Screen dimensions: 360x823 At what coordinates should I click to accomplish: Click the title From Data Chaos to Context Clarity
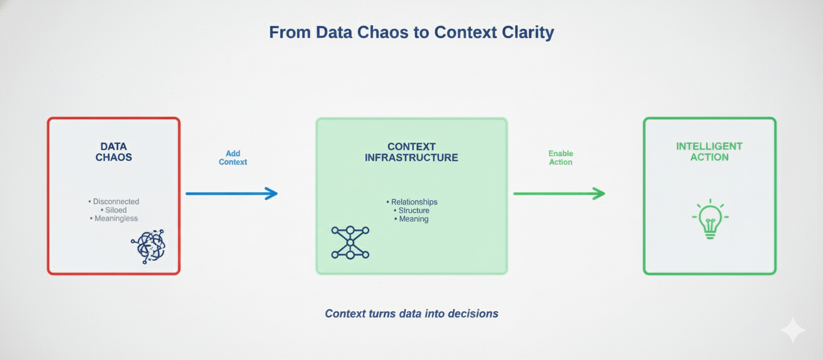411,33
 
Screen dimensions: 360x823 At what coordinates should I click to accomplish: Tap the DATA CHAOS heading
114,152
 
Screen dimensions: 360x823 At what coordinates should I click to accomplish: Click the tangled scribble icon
148,246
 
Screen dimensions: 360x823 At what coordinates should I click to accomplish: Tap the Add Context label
233,157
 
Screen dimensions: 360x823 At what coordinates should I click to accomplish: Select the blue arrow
231,193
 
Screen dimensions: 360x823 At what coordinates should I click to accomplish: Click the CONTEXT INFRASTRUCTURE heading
411,152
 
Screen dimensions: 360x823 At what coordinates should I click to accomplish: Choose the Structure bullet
413,211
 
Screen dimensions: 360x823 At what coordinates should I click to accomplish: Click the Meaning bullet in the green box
413,219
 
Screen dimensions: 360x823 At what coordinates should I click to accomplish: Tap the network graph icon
350,243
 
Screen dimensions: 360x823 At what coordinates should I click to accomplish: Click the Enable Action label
560,157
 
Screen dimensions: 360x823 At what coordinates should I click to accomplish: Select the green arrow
559,193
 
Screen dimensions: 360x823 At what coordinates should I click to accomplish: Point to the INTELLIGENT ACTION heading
709,152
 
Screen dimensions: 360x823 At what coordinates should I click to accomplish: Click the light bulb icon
710,220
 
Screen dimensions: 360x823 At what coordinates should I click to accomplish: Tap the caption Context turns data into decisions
411,313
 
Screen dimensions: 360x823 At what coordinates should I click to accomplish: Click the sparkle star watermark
792,330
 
